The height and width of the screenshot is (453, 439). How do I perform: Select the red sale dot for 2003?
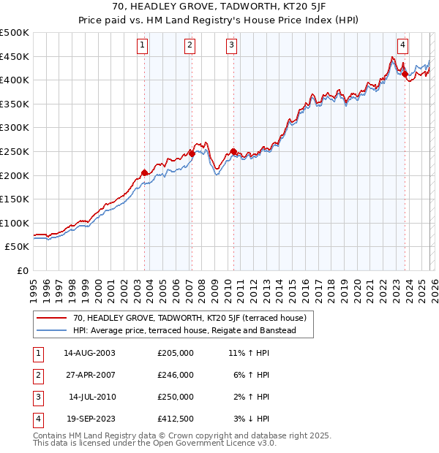click(144, 172)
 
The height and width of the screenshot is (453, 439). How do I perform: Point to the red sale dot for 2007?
click(192, 153)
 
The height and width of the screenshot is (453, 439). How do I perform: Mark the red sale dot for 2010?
click(233, 151)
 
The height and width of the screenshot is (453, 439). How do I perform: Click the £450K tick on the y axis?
click(15, 56)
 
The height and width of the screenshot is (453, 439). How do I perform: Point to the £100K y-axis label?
click(15, 223)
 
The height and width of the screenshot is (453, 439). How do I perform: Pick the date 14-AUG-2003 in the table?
click(89, 353)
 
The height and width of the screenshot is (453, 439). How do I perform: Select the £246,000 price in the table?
click(176, 375)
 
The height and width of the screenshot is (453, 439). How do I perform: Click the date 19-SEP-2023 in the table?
click(89, 419)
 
